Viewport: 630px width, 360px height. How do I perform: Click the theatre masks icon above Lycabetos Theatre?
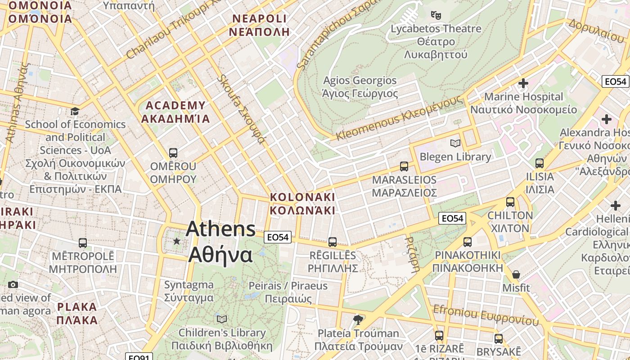pyautogui.click(x=436, y=15)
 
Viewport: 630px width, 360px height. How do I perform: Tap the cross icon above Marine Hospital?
pyautogui.click(x=523, y=83)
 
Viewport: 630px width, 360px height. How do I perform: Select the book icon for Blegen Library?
pyautogui.click(x=455, y=143)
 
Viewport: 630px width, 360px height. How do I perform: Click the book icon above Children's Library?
pyautogui.click(x=222, y=319)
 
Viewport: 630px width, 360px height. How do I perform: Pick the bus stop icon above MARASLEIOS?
pyautogui.click(x=404, y=166)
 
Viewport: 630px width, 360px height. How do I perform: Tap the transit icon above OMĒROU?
pyautogui.click(x=173, y=153)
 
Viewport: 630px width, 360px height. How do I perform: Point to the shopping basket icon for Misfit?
pyautogui.click(x=516, y=274)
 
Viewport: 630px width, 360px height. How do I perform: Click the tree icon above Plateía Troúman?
pyautogui.click(x=358, y=320)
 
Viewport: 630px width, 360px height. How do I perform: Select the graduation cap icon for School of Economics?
pyautogui.click(x=75, y=111)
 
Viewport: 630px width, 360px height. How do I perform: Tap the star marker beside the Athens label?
pyautogui.click(x=177, y=242)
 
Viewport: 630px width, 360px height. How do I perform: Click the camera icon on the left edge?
pyautogui.click(x=13, y=284)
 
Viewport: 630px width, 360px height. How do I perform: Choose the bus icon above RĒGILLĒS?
pyautogui.click(x=333, y=242)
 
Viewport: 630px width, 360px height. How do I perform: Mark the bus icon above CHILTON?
pyautogui.click(x=510, y=202)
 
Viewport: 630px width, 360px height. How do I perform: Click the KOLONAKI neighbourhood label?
pyautogui.click(x=302, y=203)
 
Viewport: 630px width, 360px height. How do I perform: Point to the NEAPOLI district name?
pyautogui.click(x=259, y=25)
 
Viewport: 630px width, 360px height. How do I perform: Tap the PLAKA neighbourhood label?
pyautogui.click(x=77, y=314)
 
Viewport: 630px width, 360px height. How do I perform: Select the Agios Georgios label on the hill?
pyautogui.click(x=360, y=87)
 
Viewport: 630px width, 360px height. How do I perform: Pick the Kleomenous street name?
pyautogui.click(x=399, y=118)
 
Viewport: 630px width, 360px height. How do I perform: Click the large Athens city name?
pyautogui.click(x=220, y=242)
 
